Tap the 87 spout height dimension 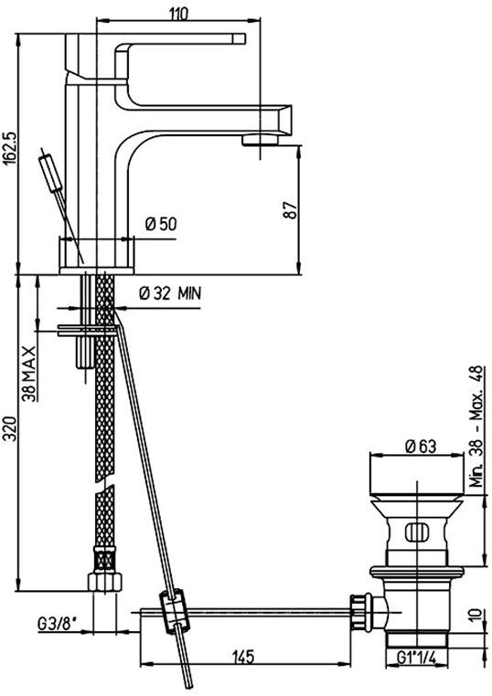click(290, 210)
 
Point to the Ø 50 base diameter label click(161, 224)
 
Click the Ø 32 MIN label click(170, 293)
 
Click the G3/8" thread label click(58, 624)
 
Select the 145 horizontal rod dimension click(242, 656)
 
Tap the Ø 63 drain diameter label click(421, 446)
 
